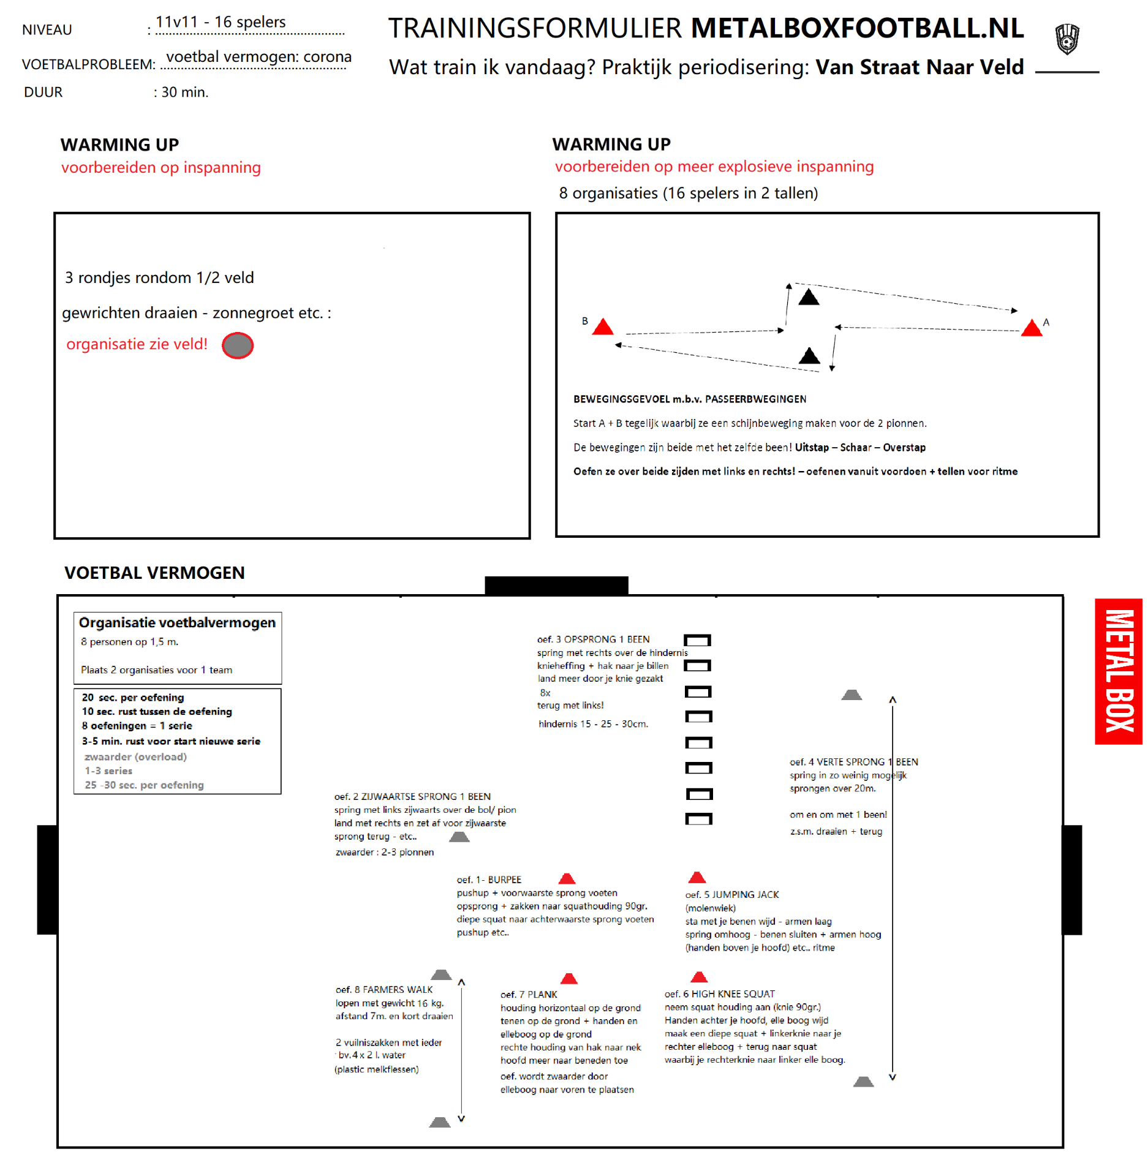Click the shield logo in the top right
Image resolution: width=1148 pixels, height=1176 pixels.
point(1067,39)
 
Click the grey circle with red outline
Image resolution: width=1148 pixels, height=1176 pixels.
point(238,345)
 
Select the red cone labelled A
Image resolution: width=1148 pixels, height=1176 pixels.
point(1032,328)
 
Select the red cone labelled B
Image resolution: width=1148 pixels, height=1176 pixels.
point(603,327)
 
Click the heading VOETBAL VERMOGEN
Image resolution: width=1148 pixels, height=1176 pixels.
point(154,573)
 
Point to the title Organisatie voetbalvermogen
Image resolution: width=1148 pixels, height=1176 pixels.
point(177,622)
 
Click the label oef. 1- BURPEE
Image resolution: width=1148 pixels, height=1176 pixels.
point(489,880)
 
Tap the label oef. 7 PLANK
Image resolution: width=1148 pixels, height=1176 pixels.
point(529,994)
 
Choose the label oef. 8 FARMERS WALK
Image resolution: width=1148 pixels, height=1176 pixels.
point(384,989)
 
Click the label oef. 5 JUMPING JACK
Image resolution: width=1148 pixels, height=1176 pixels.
point(732,894)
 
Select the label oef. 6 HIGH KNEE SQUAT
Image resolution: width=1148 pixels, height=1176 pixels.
point(720,993)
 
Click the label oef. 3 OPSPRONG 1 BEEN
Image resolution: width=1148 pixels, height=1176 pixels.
point(593,639)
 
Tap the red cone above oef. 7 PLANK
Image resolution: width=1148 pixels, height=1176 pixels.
point(569,978)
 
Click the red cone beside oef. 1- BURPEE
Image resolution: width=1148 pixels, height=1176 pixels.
point(567,879)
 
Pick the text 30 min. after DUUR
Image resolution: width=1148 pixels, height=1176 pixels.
point(184,92)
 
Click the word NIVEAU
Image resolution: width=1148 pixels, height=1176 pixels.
point(47,30)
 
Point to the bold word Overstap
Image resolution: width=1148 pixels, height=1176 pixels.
point(904,447)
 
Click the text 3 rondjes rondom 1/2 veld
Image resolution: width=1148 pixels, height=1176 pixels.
point(159,278)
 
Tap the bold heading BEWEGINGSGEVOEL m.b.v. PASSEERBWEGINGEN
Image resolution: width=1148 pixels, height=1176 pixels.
point(689,399)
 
